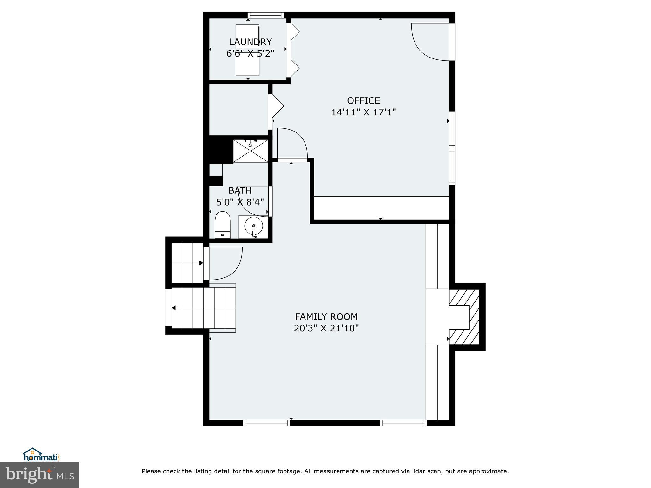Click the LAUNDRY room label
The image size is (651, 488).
250,42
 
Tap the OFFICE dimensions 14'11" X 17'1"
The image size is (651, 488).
363,112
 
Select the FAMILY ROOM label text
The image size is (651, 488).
326,317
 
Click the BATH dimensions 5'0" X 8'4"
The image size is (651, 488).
240,202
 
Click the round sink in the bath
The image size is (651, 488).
254,226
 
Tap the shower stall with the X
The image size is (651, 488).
251,151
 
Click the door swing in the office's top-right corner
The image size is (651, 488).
429,41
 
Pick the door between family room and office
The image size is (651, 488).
292,145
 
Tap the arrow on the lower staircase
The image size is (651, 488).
174,308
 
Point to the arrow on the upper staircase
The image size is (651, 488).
201,263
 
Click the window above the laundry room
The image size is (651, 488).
265,15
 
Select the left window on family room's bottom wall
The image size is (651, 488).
266,423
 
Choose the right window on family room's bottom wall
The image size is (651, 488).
403,423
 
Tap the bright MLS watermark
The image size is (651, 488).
40,475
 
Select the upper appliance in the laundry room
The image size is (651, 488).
247,36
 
